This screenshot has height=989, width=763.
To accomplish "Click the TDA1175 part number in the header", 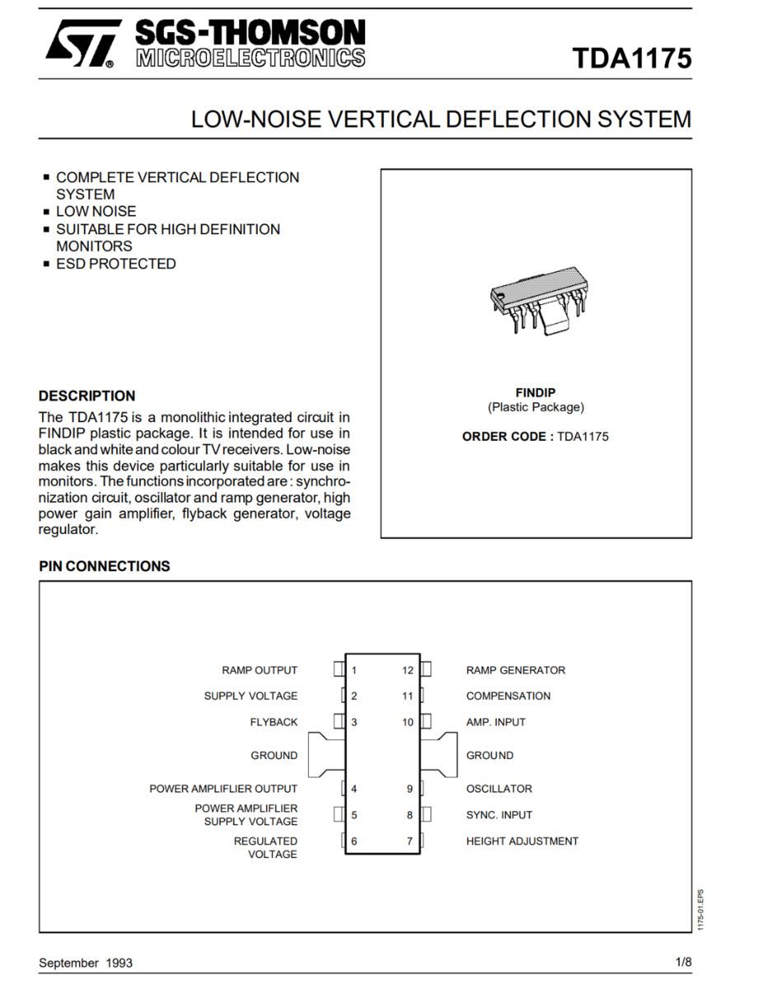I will pyautogui.click(x=632, y=59).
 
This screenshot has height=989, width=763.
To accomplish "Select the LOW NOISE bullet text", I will pyautogui.click(x=96, y=212).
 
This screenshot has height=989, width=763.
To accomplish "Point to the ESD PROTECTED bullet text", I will pyautogui.click(x=115, y=264).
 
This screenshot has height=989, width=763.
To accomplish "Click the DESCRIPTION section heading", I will pyautogui.click(x=87, y=396).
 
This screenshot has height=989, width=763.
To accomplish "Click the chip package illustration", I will pyautogui.click(x=536, y=302).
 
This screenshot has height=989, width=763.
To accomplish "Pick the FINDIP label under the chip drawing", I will pyautogui.click(x=536, y=393).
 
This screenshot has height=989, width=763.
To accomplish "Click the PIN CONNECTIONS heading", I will pyautogui.click(x=105, y=566).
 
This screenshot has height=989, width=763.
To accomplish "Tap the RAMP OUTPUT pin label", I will pyautogui.click(x=260, y=670).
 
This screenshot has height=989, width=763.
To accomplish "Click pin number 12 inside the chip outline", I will pyautogui.click(x=408, y=670).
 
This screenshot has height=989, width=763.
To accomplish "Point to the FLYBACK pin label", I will pyautogui.click(x=274, y=722).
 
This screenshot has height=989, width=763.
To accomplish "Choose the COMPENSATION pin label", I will pyautogui.click(x=508, y=696).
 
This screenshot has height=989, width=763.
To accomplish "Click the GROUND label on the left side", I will pyautogui.click(x=274, y=756).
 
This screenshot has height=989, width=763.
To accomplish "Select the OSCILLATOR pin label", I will pyautogui.click(x=499, y=789).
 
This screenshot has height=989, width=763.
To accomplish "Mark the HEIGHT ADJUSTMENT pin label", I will pyautogui.click(x=522, y=841).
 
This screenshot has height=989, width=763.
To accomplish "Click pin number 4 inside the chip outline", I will pyautogui.click(x=354, y=789).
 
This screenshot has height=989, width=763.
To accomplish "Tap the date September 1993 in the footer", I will pyautogui.click(x=86, y=963).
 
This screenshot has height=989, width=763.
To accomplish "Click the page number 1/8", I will pyautogui.click(x=683, y=962).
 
